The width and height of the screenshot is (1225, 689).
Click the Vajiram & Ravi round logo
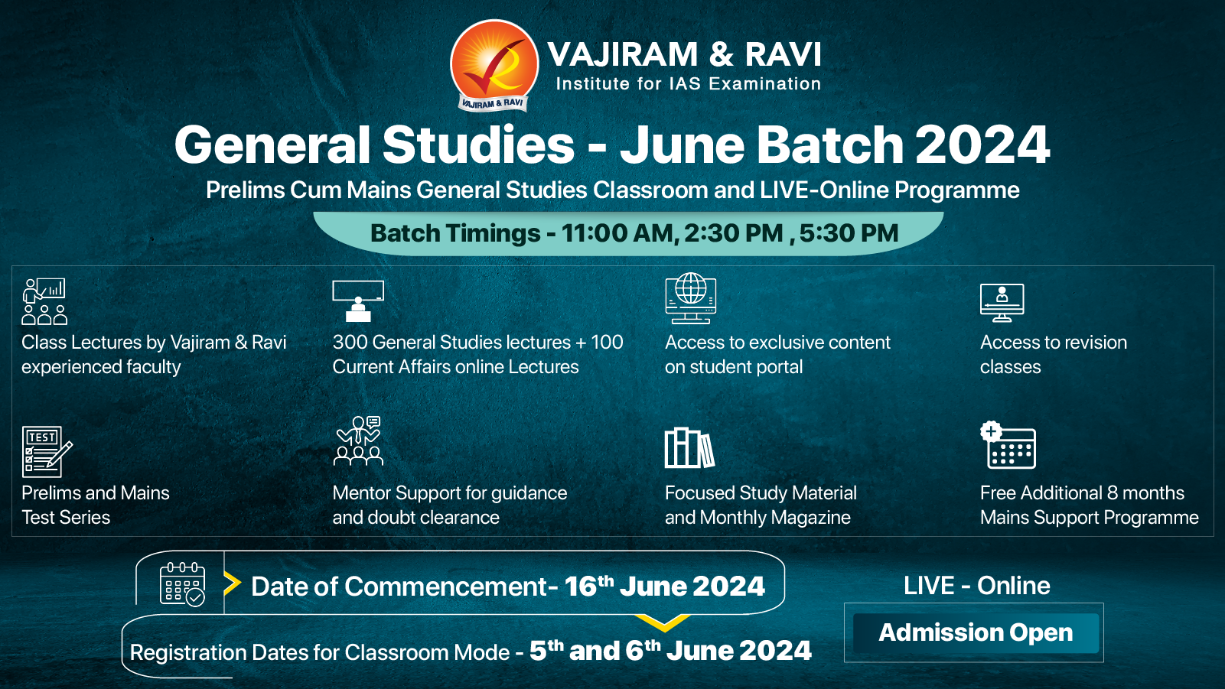(x=494, y=64)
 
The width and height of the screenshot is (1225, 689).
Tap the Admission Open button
(x=976, y=633)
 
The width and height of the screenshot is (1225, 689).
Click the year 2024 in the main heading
(x=982, y=145)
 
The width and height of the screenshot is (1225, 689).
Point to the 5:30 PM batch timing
(x=849, y=233)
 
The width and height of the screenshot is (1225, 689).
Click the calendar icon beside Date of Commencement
(x=182, y=584)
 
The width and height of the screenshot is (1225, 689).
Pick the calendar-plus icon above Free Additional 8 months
(x=1008, y=444)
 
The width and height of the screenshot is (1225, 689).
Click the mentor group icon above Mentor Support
(x=359, y=441)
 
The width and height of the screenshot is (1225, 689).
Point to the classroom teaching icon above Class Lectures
(x=44, y=301)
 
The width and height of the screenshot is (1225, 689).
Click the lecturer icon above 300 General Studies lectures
(x=358, y=301)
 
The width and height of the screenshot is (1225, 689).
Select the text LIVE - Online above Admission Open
(x=976, y=586)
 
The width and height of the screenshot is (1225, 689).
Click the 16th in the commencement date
(x=589, y=586)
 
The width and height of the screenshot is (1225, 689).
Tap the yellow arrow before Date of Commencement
(x=232, y=583)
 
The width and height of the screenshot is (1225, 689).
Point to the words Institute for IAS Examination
(x=688, y=84)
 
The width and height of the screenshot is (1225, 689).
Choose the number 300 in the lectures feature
(x=350, y=343)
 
